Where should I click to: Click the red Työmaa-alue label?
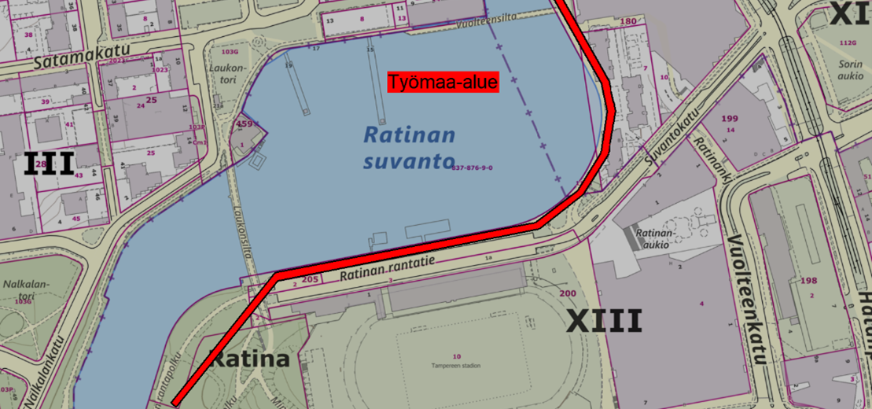click(443, 82)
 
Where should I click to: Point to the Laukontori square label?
click(228, 73)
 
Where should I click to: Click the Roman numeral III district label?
click(49, 164)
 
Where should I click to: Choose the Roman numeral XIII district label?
click(604, 321)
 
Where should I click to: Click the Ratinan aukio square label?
click(654, 238)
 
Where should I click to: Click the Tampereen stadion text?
click(455, 365)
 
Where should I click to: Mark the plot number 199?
click(730, 119)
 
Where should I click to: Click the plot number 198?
click(808, 281)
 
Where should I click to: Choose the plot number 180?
click(628, 21)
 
